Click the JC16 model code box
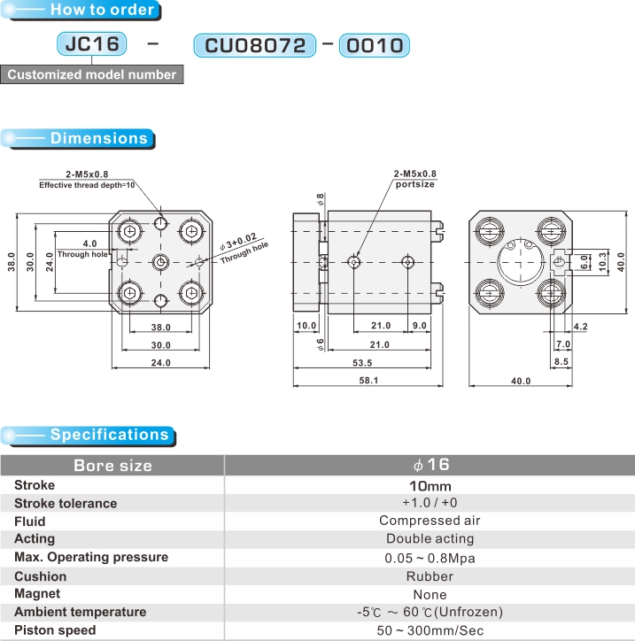92,43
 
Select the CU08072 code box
255,45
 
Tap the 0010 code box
373,45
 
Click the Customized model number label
92,74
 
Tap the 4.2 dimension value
580,327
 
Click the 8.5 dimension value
561,361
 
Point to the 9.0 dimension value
419,326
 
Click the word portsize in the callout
415,184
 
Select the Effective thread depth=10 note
87,184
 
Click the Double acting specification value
430,538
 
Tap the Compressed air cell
430,521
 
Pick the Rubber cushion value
430,575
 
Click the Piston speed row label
55,629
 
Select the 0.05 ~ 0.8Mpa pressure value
430,558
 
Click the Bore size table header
112,465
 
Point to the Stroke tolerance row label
66,503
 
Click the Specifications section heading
109,435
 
